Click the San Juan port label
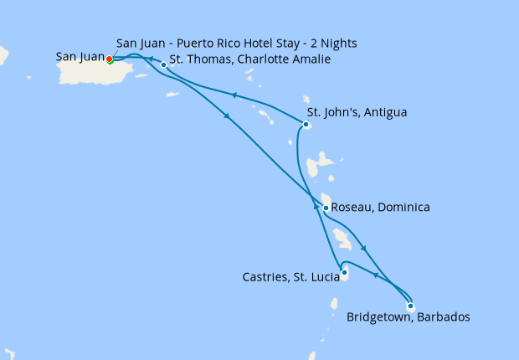[80, 57]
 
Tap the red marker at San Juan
[110, 59]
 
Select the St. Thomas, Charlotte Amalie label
[249, 59]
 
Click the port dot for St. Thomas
[163, 64]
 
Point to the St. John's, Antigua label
[357, 111]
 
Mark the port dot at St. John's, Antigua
[306, 125]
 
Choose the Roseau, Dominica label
[380, 207]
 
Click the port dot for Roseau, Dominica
[326, 208]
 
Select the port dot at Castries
[344, 271]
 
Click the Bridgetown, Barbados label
[408, 317]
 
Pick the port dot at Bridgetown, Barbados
[410, 306]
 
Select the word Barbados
[444, 317]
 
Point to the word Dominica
[404, 207]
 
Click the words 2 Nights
[342, 43]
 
